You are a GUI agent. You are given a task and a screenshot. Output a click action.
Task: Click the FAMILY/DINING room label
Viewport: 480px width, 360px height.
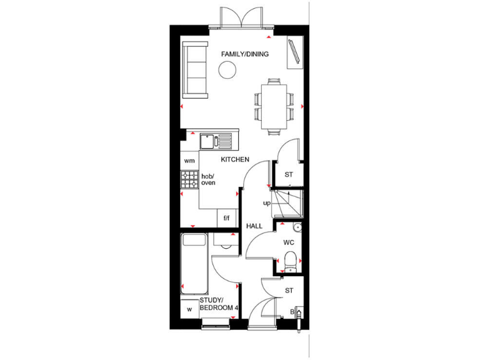[244, 54]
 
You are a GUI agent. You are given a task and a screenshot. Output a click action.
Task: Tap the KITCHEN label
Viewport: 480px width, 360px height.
[234, 160]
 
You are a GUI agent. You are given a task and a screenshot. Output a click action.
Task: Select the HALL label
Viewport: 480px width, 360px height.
[254, 226]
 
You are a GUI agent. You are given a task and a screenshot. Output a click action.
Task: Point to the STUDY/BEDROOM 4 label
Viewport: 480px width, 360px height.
[218, 304]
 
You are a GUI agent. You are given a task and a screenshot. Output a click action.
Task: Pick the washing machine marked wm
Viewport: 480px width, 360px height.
[189, 161]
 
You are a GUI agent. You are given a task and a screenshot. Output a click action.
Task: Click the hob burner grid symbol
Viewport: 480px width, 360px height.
[189, 181]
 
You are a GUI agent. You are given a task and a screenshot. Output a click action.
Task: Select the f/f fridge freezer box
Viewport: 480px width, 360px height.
[226, 218]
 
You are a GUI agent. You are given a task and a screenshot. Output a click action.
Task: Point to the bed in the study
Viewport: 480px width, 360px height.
[194, 264]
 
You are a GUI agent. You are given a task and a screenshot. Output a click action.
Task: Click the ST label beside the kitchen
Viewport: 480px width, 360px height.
[289, 174]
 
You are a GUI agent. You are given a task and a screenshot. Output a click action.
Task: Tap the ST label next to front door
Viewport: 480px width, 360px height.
[289, 290]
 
